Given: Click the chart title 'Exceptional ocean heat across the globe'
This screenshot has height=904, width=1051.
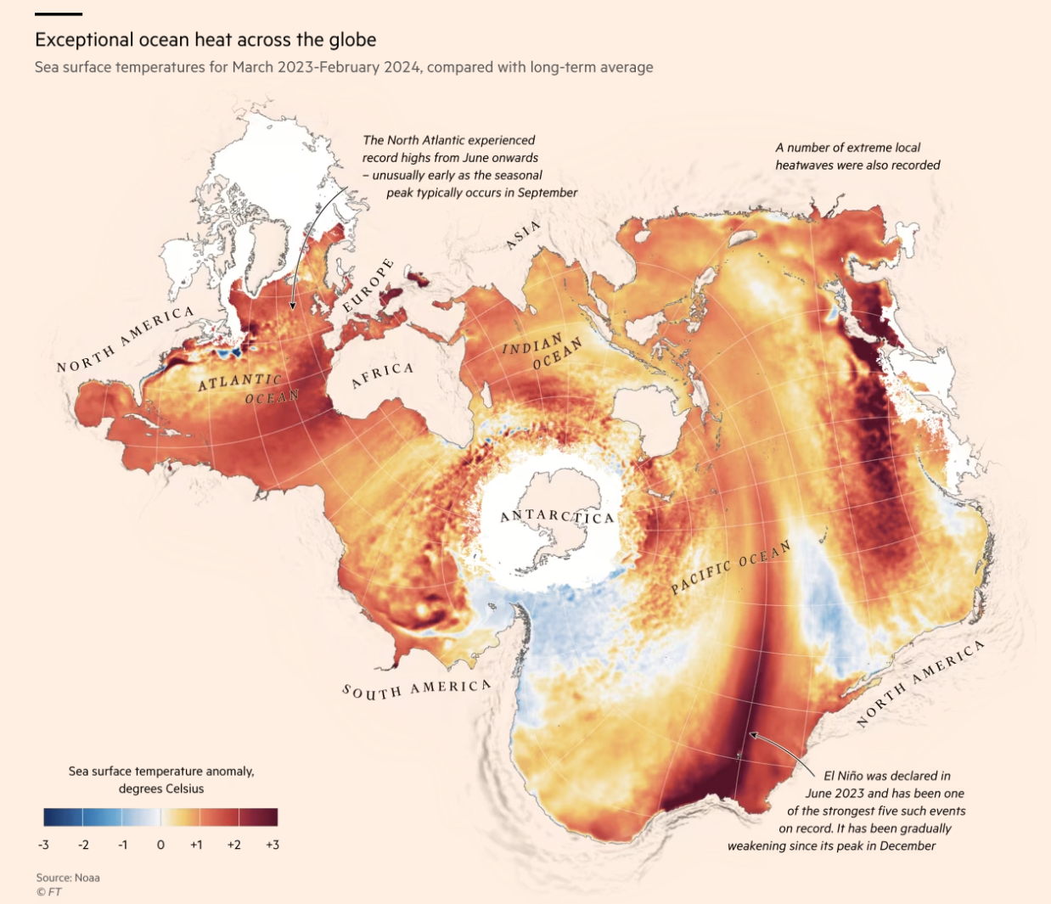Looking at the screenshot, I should (x=205, y=40).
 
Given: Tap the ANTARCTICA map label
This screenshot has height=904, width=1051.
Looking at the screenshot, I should (x=556, y=516).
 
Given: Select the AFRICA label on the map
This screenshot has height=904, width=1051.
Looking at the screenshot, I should (x=382, y=374).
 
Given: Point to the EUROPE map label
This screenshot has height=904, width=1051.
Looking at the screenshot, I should (x=369, y=285).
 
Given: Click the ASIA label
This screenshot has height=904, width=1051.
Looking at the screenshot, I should (x=523, y=235).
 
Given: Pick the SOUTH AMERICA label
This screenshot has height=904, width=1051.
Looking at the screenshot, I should (x=416, y=689).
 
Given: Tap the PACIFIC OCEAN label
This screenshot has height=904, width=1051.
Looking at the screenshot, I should (x=731, y=567).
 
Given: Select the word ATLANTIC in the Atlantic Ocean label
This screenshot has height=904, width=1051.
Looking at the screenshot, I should (x=239, y=382).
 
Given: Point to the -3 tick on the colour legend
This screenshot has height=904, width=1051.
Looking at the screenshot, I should (x=43, y=845).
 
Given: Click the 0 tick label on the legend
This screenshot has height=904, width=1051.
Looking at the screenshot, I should (x=160, y=845).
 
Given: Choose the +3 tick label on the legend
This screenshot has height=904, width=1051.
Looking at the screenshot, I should (x=272, y=845).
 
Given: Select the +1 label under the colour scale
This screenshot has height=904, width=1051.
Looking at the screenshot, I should (x=196, y=845).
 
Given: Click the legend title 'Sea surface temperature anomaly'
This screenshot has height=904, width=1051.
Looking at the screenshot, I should (x=161, y=771).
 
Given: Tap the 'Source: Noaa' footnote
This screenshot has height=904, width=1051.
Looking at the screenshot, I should (x=68, y=878).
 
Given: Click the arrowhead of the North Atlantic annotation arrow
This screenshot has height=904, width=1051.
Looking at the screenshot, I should (x=292, y=306).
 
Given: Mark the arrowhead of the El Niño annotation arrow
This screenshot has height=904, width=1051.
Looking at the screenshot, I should (x=751, y=736).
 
